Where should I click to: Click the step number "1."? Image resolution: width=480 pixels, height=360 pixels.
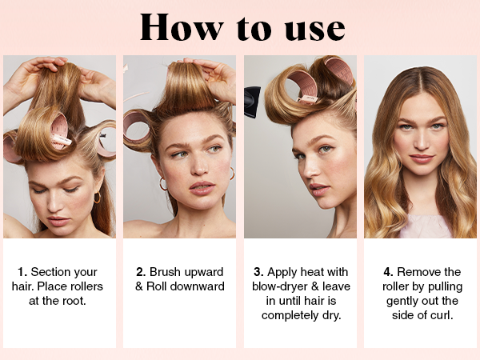point(23,272)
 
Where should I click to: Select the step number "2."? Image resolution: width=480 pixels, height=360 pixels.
point(142,272)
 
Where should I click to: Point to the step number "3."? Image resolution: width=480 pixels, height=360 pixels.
point(258,272)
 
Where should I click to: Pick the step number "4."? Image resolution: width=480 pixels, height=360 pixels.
point(388,272)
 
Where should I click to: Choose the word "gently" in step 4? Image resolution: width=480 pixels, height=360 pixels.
point(394,301)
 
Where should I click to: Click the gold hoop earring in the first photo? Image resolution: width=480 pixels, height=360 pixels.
point(97,197)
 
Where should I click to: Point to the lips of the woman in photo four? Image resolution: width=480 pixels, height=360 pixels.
point(421,158)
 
